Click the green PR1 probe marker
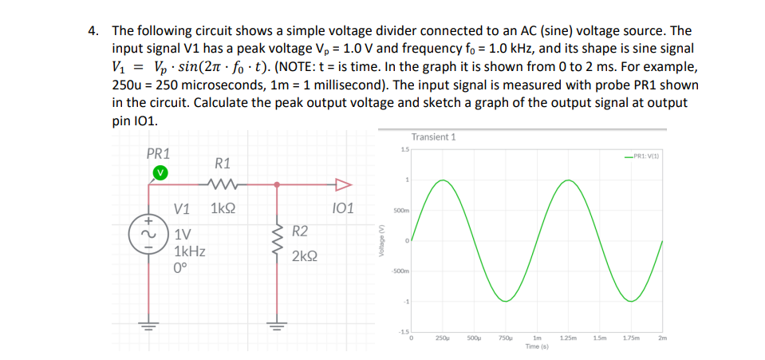pos(160,172)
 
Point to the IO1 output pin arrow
pos(342,185)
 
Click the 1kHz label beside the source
pos(190,251)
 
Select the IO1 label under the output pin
pos(341,210)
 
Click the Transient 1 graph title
pos(433,137)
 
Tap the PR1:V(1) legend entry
pos(649,156)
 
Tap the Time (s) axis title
pos(537,347)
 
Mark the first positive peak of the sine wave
pos(442,181)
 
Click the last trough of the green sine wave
pos(631,300)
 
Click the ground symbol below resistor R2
pos(277,326)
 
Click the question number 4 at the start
pos(94,31)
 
